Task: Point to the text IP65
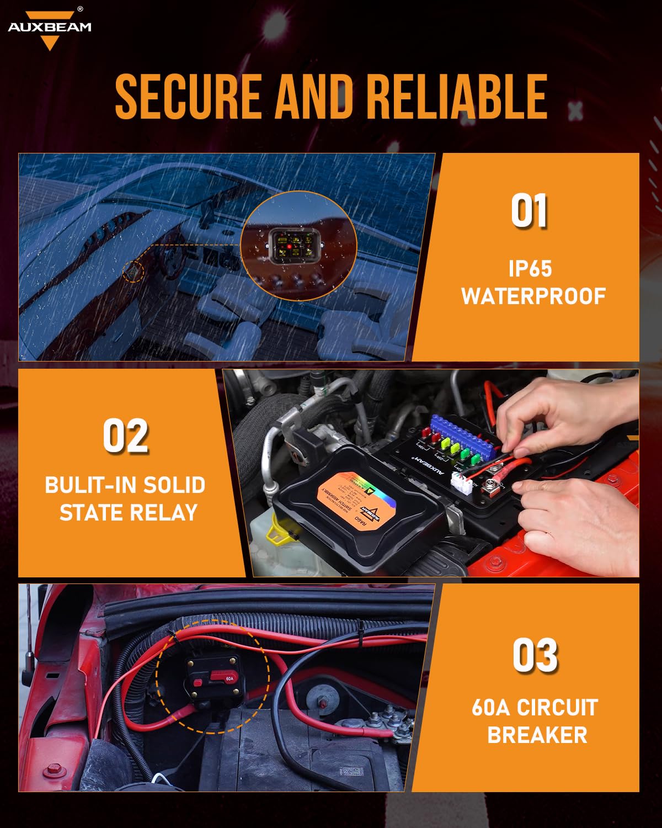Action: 530,269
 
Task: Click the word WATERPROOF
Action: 533,296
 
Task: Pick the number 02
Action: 126,436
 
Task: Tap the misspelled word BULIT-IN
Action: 91,485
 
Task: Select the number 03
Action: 535,655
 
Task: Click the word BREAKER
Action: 537,735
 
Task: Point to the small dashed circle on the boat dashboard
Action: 133,272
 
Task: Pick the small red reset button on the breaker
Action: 197,683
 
